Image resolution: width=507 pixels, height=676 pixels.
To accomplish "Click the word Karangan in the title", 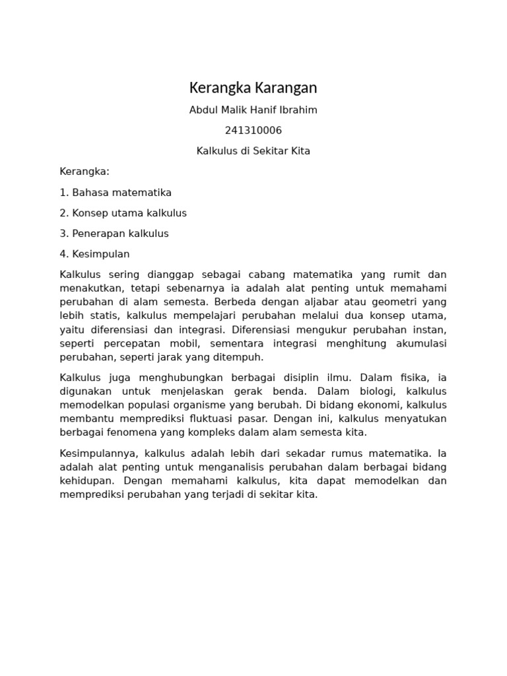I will click(x=285, y=88).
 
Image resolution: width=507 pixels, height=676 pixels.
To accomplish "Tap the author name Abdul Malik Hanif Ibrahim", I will click(x=253, y=110).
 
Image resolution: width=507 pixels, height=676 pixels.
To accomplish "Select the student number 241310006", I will click(x=253, y=130).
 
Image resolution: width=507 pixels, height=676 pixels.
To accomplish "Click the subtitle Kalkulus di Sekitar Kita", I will click(x=253, y=151).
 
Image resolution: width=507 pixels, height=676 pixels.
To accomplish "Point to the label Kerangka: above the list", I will click(x=84, y=172).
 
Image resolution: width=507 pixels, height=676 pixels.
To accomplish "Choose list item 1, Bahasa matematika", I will click(x=116, y=192).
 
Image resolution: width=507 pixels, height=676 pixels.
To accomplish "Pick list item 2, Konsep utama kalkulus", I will click(x=123, y=213).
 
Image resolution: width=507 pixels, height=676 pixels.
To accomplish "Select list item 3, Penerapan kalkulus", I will click(x=114, y=233).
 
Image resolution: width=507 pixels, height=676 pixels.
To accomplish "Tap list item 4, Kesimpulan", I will click(x=94, y=253).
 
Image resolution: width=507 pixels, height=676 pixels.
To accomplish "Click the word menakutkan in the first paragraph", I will click(x=88, y=288).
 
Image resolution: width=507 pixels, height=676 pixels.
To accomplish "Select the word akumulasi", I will click(x=421, y=343).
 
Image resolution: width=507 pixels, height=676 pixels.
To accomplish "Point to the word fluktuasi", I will click(x=220, y=419).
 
